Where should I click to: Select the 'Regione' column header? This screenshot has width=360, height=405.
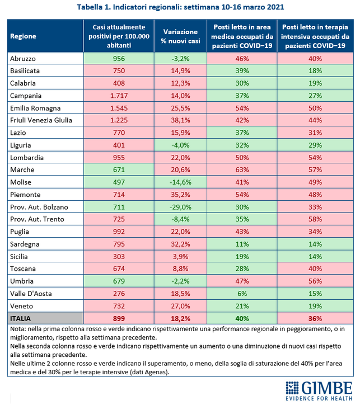(x=23, y=36)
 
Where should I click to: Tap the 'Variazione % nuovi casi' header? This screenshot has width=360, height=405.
(x=180, y=36)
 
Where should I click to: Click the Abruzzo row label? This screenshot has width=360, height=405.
(x=23, y=59)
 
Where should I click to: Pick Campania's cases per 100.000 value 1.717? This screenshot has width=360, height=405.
(x=119, y=96)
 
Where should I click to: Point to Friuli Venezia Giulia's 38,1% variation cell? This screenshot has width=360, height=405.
(x=180, y=120)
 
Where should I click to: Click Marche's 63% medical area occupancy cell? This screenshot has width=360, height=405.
(x=242, y=169)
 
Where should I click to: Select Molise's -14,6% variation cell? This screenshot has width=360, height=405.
(x=180, y=182)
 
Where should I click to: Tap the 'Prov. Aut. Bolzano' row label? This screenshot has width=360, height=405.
(x=39, y=207)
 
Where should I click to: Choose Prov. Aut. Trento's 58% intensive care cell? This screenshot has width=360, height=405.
(x=315, y=219)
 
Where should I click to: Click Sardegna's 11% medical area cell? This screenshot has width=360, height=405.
(x=242, y=244)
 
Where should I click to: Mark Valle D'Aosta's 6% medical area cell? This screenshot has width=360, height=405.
(x=242, y=294)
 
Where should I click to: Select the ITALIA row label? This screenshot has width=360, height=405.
(x=20, y=319)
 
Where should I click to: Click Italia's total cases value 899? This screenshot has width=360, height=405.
(x=119, y=319)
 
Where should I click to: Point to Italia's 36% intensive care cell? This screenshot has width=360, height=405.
(x=315, y=319)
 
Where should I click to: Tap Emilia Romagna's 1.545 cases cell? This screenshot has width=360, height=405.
(x=119, y=108)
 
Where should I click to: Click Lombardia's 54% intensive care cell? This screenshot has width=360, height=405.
(x=315, y=158)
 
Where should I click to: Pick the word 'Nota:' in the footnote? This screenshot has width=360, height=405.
(x=18, y=329)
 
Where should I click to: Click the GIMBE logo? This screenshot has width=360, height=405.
(x=319, y=391)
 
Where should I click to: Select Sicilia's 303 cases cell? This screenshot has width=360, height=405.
(x=119, y=257)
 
